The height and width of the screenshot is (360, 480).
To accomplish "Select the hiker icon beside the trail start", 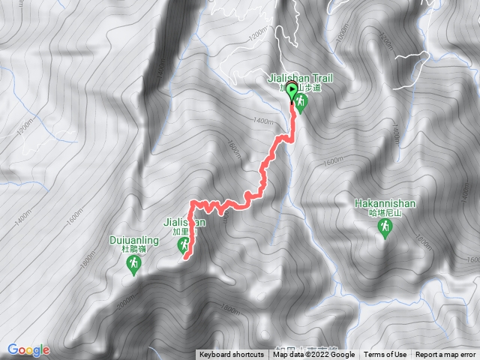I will (301, 105).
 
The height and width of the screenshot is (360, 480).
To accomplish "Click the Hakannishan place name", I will (385, 202).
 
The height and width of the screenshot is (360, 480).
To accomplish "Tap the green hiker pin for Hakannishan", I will (385, 227).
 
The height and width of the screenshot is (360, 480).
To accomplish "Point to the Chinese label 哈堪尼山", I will (385, 213).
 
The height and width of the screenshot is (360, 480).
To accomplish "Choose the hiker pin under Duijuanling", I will (134, 265).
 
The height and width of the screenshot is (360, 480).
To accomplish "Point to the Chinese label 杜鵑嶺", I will (133, 251).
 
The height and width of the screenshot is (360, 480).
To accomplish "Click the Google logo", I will (28, 350).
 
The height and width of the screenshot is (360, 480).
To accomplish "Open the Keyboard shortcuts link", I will (232, 355).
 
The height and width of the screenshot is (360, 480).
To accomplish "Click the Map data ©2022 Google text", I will (314, 355).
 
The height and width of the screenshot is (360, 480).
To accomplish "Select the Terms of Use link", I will (385, 355).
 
